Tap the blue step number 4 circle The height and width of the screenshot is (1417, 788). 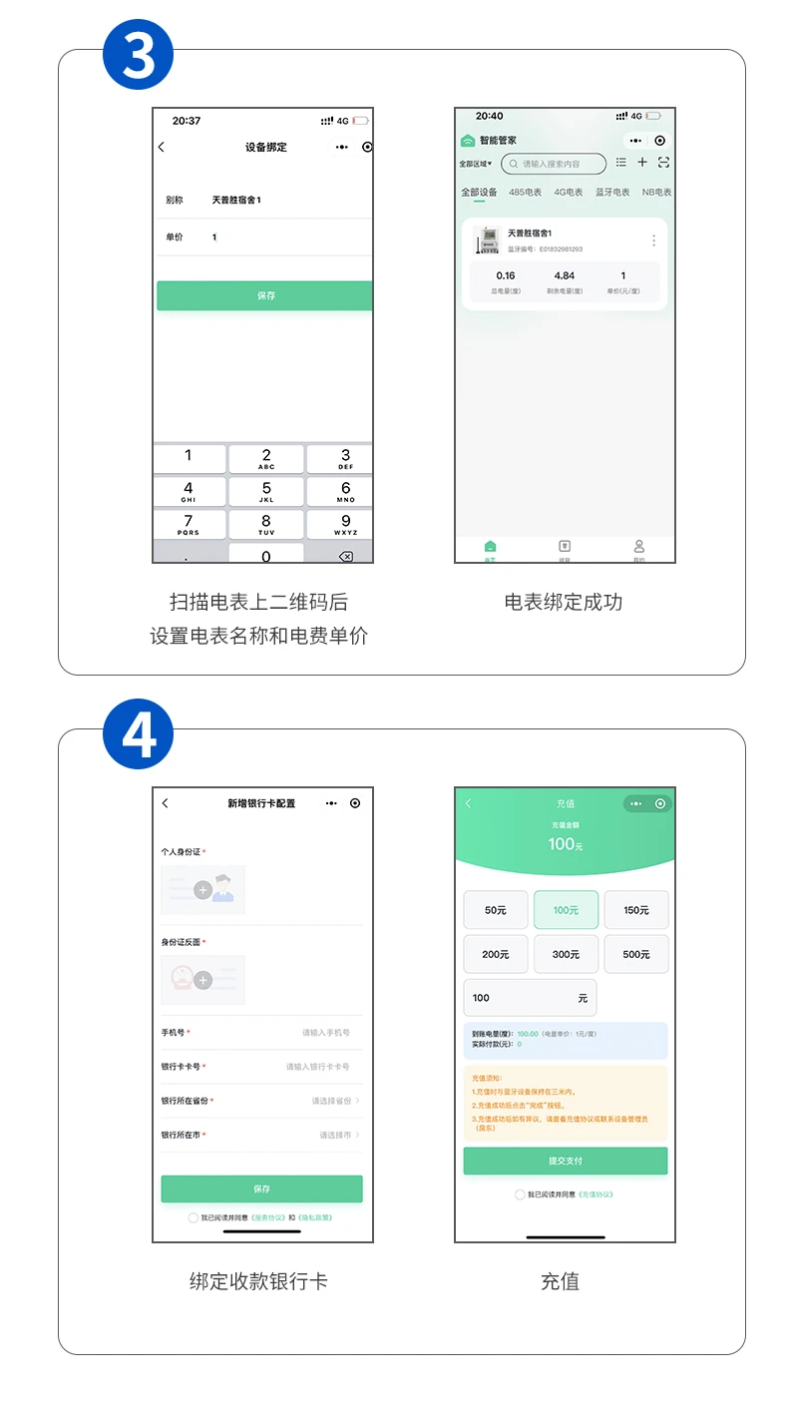tap(138, 735)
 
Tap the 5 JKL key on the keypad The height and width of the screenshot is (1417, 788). tap(266, 491)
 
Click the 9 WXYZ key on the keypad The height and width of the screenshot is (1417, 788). tap(345, 524)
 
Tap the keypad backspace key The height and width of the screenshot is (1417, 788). tap(345, 556)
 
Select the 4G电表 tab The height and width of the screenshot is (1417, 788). tap(569, 193)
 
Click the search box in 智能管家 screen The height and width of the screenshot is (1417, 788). tap(554, 164)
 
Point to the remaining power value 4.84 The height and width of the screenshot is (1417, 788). tap(565, 276)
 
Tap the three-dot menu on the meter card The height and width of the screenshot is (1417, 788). tap(653, 240)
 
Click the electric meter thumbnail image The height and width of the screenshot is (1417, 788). tap(487, 240)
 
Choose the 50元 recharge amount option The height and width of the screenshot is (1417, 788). tap(496, 910)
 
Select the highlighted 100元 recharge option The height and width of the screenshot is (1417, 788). tap(566, 910)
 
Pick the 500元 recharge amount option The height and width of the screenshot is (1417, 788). tap(636, 954)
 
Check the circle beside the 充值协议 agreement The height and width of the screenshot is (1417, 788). tap(520, 1194)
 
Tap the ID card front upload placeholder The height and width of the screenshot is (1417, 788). tap(203, 890)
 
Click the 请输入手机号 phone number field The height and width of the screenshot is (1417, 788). tap(326, 1033)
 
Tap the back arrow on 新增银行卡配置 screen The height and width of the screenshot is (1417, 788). tap(166, 803)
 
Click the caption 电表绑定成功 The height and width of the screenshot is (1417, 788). tap(564, 602)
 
